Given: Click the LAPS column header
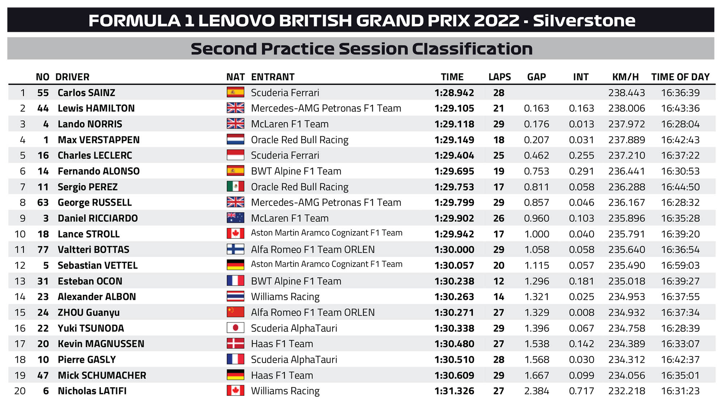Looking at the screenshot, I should pyautogui.click(x=499, y=77).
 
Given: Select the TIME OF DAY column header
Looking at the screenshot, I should pyautogui.click(x=680, y=77).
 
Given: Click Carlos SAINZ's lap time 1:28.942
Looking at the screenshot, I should pyautogui.click(x=454, y=93).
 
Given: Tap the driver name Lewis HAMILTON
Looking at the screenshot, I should pyautogui.click(x=96, y=108).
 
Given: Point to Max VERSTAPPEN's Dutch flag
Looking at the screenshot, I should pyautogui.click(x=235, y=140).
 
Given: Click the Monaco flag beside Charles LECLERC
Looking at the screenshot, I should pyautogui.click(x=235, y=155).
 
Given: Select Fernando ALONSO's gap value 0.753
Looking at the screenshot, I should pyautogui.click(x=536, y=171).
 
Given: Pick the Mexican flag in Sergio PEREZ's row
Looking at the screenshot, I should pyautogui.click(x=235, y=187).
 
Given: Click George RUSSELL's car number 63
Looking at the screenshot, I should pyautogui.click(x=43, y=203).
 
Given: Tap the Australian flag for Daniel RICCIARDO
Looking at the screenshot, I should pyautogui.click(x=235, y=218).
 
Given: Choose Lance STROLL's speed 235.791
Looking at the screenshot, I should pyautogui.click(x=626, y=234).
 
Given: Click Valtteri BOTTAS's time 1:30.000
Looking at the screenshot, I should pyautogui.click(x=454, y=250).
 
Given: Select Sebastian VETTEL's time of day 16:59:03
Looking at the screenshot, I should pyautogui.click(x=680, y=265).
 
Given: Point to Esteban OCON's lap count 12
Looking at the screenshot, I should pyautogui.click(x=499, y=281).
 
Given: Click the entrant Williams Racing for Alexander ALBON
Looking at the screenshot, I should pyautogui.click(x=285, y=297).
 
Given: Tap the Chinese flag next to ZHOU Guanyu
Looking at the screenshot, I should pyautogui.click(x=235, y=312).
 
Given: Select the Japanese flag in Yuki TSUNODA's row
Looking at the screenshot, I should pyautogui.click(x=235, y=328).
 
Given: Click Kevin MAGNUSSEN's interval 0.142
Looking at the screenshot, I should pyautogui.click(x=581, y=344).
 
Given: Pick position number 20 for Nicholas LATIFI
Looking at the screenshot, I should pyautogui.click(x=20, y=391).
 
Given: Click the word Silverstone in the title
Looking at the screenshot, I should pyautogui.click(x=584, y=21).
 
